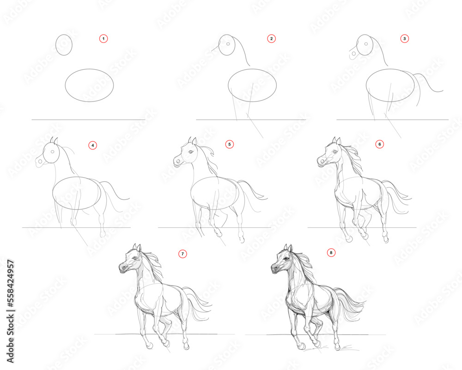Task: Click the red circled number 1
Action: pos(103,39)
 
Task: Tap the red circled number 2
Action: pos(271,39)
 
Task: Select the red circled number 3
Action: pos(404,39)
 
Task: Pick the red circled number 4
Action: pos(93,145)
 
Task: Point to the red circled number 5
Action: pos(229,144)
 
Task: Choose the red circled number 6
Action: pos(379,144)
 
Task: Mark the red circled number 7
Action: pos(183,253)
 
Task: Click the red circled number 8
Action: pos(330,252)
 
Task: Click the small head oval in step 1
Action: pos(64,44)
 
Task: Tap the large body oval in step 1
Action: pos(89,85)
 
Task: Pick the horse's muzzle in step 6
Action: pos(321,161)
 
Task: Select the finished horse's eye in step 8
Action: pos(286,259)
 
